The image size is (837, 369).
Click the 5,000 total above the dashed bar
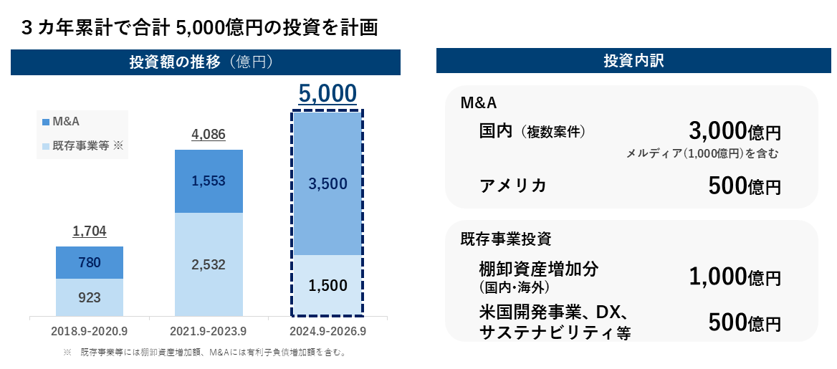(327, 94)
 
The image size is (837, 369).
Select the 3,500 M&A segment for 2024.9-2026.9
(327, 183)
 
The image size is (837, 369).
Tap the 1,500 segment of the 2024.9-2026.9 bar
(327, 285)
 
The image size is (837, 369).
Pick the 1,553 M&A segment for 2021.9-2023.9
(209, 181)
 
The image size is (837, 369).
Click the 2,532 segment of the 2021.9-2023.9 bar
(209, 264)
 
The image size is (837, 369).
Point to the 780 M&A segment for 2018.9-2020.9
(89, 263)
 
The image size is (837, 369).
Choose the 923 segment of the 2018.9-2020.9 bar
(89, 297)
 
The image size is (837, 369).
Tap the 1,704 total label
(89, 231)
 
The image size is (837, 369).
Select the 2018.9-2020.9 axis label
(89, 332)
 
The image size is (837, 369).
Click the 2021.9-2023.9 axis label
(209, 332)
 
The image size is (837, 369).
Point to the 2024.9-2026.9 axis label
(328, 332)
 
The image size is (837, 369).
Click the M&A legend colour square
(47, 122)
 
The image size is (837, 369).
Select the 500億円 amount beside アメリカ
(744, 186)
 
